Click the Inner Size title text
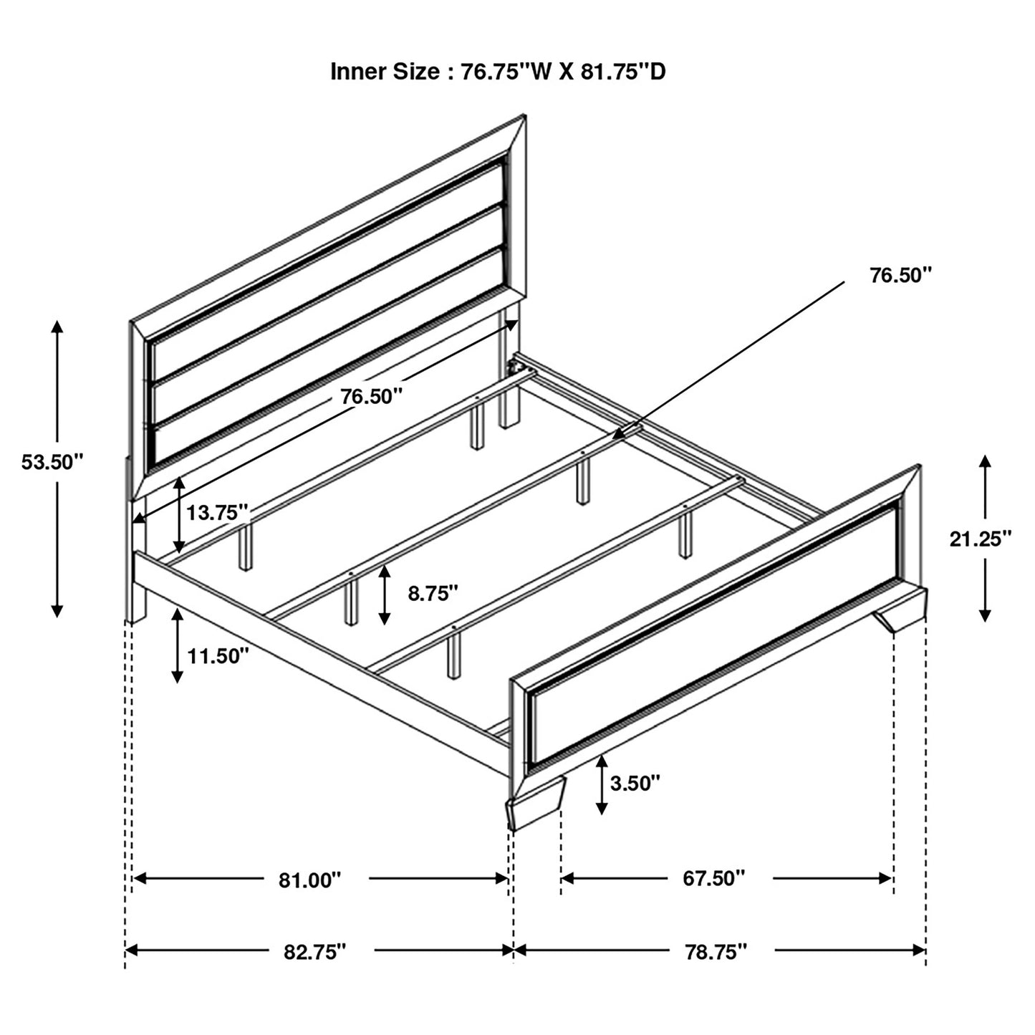click(498, 72)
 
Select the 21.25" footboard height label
click(981, 538)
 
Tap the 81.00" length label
click(310, 880)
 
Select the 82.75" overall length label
click(315, 951)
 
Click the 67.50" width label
click(713, 878)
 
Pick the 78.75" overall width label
click(716, 951)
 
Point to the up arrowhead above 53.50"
click(57, 328)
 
